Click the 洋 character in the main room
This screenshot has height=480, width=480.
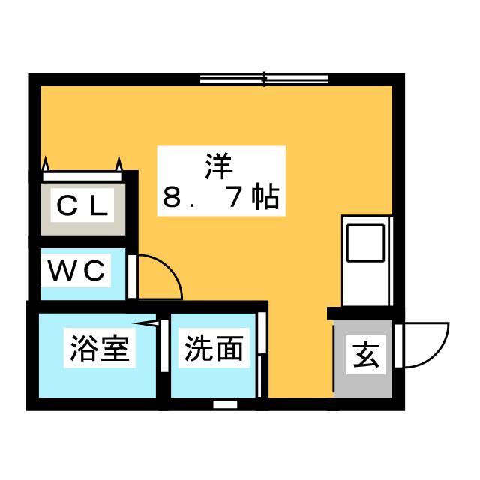click(221, 163)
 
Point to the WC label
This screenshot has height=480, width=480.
click(76, 271)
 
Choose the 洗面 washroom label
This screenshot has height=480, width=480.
click(214, 348)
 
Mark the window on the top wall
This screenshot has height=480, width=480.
click(265, 77)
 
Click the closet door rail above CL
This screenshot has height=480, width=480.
click(82, 175)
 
